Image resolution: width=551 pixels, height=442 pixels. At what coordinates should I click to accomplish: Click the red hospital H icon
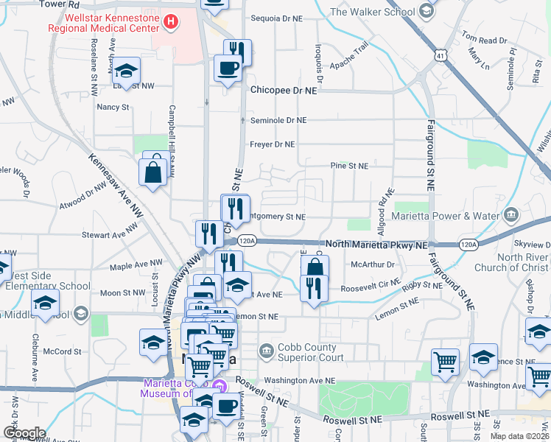tap(171, 21)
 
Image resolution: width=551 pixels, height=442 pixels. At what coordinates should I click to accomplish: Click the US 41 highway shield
tap(440, 55)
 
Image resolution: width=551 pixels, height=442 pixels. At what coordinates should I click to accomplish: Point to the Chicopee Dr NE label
tap(283, 90)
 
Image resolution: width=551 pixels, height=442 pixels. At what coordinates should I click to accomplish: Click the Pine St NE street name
tap(348, 166)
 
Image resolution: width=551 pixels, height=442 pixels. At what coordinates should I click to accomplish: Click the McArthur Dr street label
tap(373, 264)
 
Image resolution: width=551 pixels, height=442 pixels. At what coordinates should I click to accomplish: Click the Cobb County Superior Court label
tap(301, 352)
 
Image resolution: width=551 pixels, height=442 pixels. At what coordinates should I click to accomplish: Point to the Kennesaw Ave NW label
tap(114, 184)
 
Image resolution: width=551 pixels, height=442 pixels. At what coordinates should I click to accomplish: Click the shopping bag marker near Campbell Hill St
tap(153, 171)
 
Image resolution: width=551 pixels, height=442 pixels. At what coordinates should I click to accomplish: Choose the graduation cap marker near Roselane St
tap(127, 71)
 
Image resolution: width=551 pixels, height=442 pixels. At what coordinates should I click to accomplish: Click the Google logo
tap(24, 433)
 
